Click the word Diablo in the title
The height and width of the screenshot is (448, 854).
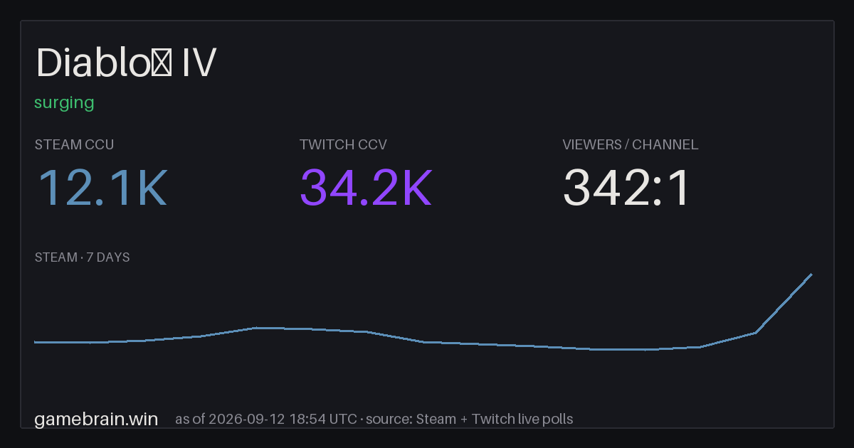(x=93, y=62)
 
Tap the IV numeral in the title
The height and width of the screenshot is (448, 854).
(x=199, y=62)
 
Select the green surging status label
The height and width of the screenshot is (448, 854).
(x=64, y=103)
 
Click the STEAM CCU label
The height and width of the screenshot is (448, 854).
(x=74, y=145)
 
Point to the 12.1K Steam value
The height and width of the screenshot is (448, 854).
(x=102, y=188)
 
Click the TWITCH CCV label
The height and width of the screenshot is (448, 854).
(x=343, y=145)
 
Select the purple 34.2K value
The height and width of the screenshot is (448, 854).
(x=366, y=188)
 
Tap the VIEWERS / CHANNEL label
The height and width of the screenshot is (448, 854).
(x=631, y=145)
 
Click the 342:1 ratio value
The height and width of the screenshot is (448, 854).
(x=626, y=188)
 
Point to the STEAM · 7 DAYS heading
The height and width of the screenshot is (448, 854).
(x=82, y=257)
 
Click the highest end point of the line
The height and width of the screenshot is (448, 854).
(x=812, y=274)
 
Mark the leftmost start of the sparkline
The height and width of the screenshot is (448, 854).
(x=35, y=342)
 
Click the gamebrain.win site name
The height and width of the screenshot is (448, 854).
(x=96, y=420)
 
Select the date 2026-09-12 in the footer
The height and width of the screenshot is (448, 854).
(x=246, y=419)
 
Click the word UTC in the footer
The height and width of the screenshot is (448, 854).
(x=343, y=419)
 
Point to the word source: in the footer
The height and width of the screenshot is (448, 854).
(x=389, y=420)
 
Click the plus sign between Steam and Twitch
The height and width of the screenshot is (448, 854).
(x=463, y=420)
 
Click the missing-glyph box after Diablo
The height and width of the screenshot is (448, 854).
(x=162, y=63)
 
